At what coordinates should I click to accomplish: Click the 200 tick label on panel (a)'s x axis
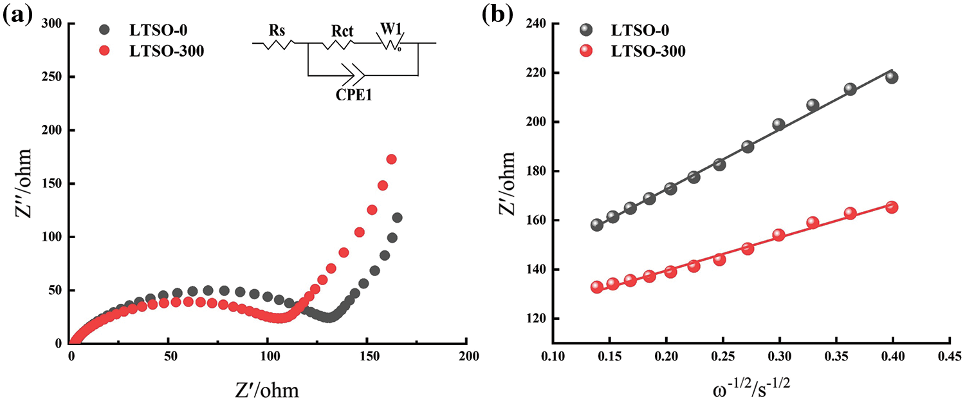click(x=468, y=356)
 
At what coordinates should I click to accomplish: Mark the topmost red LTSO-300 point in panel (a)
click(x=391, y=159)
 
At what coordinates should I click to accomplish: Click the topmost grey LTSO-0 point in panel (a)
click(x=397, y=218)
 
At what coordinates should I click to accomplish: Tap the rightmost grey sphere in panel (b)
click(x=892, y=77)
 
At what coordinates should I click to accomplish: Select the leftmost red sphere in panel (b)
click(x=596, y=287)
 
